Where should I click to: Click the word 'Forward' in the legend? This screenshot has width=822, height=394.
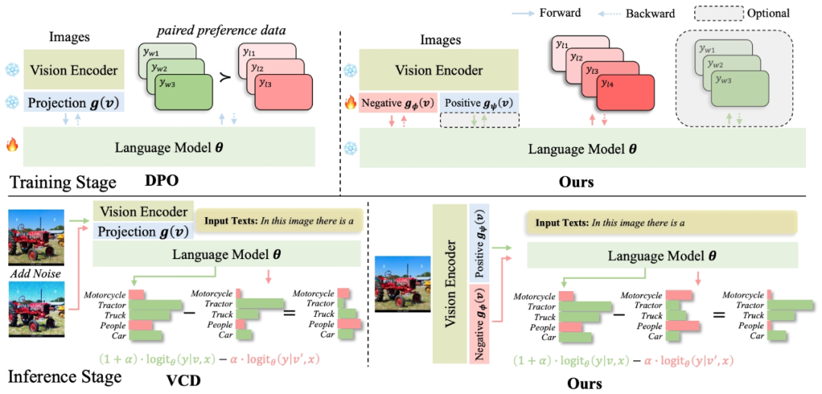[x=559, y=13]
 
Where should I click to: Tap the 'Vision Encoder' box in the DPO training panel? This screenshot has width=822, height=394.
[x=74, y=71]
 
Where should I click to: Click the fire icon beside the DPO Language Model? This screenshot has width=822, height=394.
[x=11, y=145]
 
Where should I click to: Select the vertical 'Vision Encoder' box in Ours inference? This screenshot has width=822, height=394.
[x=450, y=283]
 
